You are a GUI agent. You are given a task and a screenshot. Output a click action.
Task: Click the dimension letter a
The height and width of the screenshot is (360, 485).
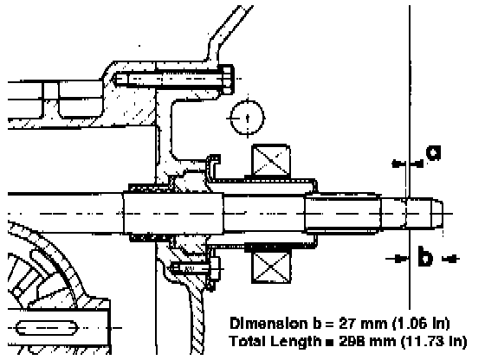433,152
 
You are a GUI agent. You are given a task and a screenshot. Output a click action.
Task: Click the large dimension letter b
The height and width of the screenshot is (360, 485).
425,256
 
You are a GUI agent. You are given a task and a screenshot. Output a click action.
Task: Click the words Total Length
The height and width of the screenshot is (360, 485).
275,342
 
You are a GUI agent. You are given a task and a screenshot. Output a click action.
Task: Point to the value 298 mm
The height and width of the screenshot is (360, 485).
368,342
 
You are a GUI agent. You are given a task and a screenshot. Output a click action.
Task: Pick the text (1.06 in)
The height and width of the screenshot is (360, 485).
421,324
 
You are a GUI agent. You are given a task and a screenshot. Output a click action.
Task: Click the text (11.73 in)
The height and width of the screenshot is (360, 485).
433,342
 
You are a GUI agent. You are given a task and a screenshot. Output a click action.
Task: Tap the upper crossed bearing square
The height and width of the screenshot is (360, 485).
271,161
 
